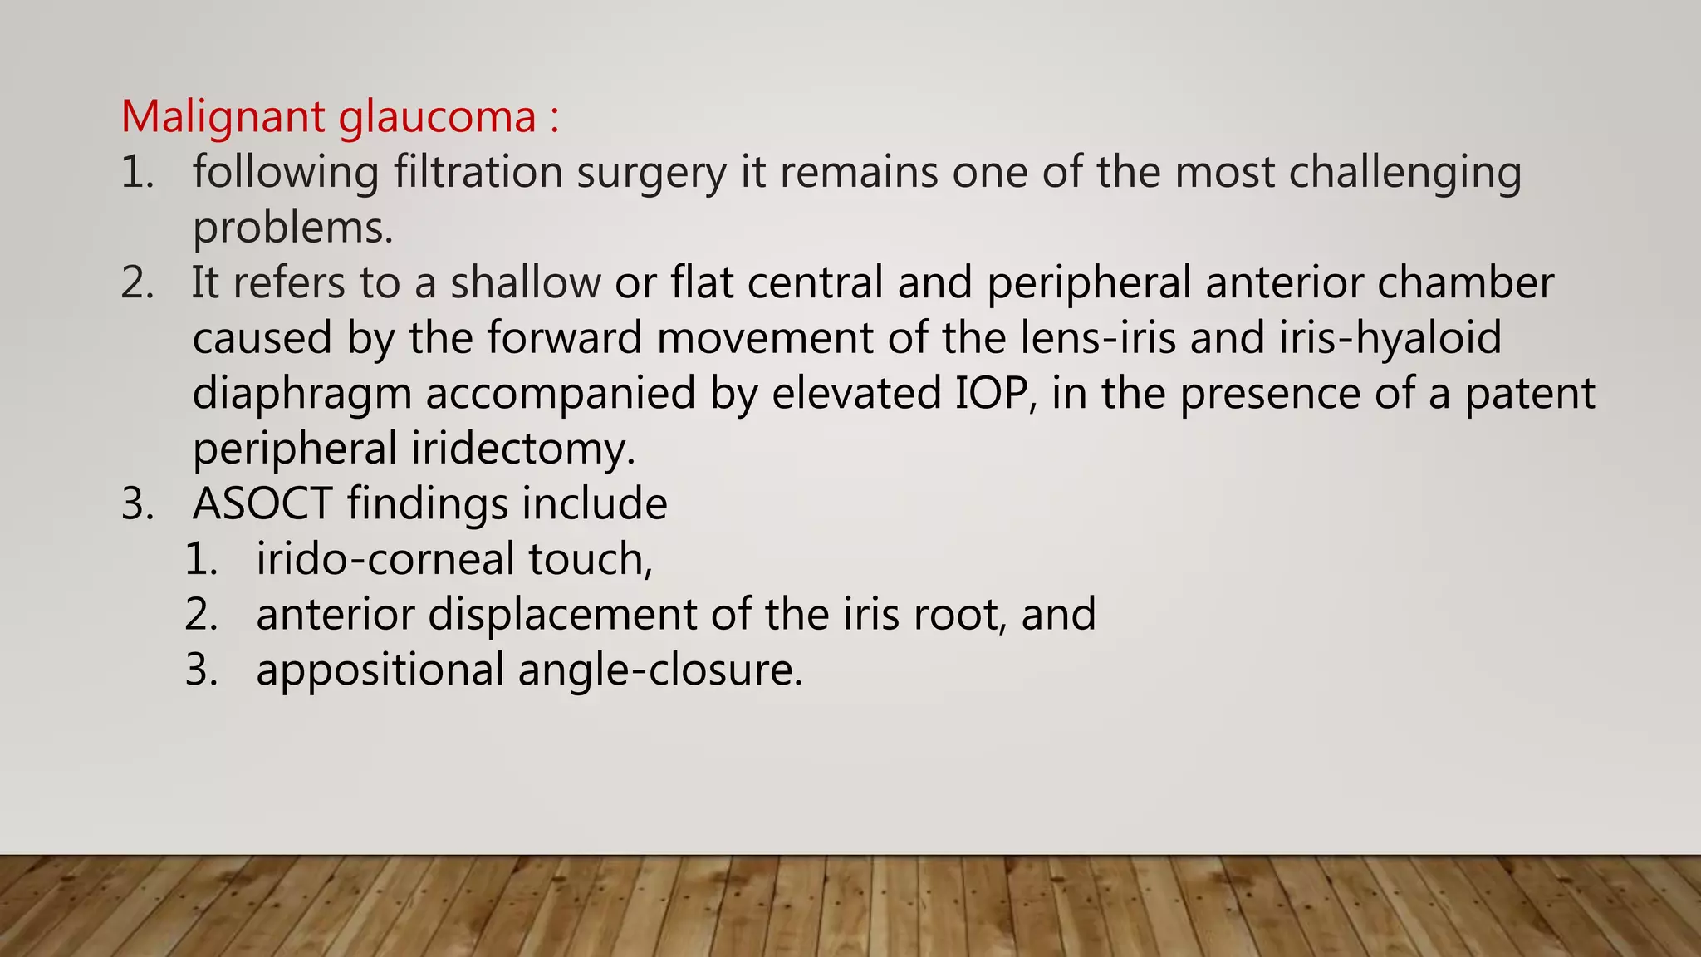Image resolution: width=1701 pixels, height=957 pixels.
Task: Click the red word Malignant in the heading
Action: [x=223, y=117]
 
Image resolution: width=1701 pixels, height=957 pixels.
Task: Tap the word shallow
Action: [x=525, y=283]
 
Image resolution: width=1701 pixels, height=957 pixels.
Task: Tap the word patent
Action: [x=1529, y=394]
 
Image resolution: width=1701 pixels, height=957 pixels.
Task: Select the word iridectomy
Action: [x=523, y=449]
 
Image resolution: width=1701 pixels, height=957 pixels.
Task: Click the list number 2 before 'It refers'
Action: [x=137, y=283]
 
